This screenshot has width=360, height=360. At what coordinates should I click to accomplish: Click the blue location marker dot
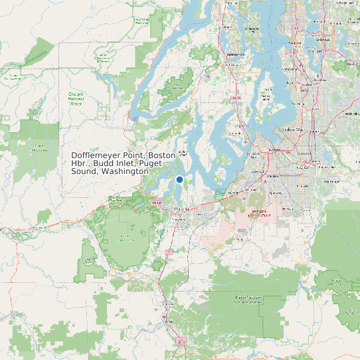click(179, 179)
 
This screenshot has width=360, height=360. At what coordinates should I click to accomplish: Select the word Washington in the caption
click(125, 171)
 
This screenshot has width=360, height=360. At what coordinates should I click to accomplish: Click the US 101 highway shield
click(157, 203)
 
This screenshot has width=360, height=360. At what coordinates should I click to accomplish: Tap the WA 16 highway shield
click(235, 98)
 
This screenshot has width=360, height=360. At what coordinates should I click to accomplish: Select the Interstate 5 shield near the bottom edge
click(181, 341)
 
